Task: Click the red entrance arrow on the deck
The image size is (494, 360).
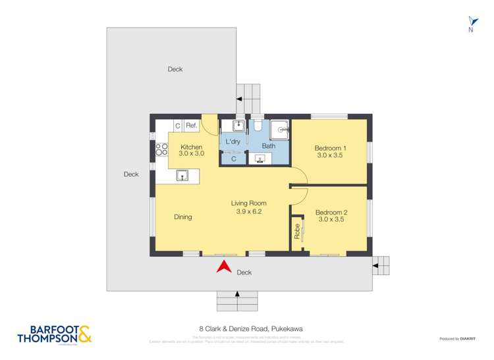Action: tap(224, 267)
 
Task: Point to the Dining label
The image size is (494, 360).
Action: tap(183, 217)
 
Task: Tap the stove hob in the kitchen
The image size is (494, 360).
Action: tap(161, 149)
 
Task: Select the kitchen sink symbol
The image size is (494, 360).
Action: tap(184, 175)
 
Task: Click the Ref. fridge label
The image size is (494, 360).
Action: tap(191, 125)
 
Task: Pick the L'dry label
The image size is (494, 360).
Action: tap(233, 142)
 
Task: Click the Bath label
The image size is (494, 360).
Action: tap(268, 146)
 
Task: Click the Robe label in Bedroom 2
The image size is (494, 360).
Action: tap(297, 231)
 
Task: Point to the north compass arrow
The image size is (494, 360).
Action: tap(470, 22)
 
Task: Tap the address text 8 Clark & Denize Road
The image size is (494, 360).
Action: tap(246, 329)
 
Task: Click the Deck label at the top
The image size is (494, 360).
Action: tap(175, 69)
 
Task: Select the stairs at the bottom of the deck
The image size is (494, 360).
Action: tap(238, 301)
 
